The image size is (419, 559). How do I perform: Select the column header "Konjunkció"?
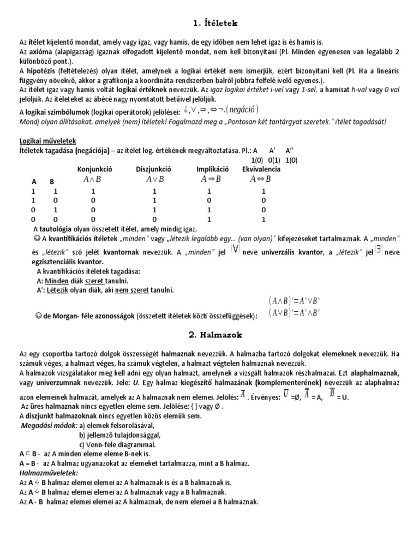point(93,169)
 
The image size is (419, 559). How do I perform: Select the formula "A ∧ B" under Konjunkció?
point(93,179)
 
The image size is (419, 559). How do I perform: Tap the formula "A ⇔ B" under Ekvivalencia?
point(260,179)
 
